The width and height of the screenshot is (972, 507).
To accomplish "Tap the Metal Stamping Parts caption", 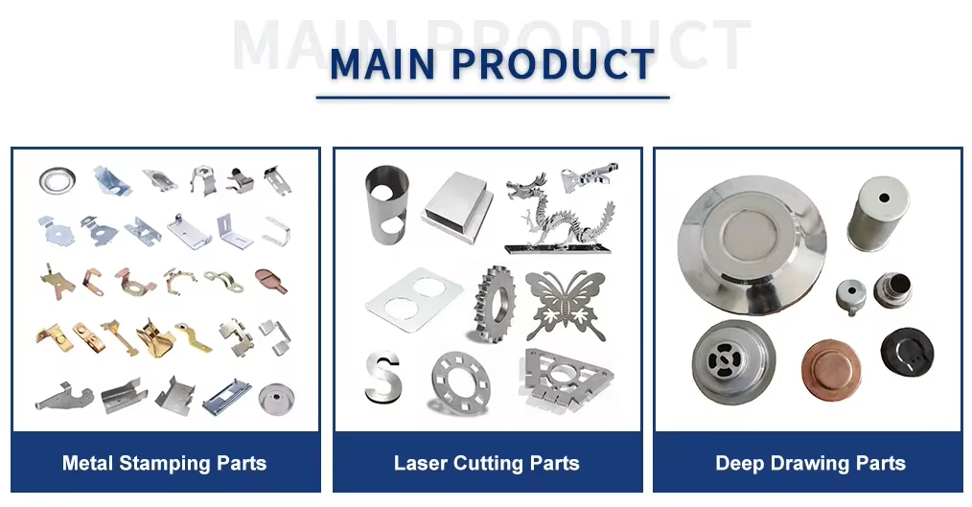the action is coord(164,463).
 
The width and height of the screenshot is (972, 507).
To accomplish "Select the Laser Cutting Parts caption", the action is coord(487,463).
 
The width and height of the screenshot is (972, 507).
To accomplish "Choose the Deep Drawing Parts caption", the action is coord(810,463).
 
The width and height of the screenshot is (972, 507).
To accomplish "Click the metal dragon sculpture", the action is coord(558,214).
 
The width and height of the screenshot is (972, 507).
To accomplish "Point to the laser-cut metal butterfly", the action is coord(566,305).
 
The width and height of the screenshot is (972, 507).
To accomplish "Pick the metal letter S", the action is coord(383,377).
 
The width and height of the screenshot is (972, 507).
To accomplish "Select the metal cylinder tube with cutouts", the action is coord(387,204).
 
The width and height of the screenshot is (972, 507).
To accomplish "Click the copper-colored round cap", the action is coord(831,369).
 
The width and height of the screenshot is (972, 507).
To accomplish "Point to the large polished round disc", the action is coord(752,244).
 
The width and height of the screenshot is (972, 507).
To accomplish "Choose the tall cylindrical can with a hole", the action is coord(877,214).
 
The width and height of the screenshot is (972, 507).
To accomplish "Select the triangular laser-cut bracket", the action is coord(564,378).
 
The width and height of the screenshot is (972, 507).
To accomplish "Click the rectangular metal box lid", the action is coord(457,207).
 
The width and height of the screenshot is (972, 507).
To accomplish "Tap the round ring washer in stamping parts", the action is coord(57,180).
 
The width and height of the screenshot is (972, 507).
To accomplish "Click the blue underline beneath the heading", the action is coord(493,98).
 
